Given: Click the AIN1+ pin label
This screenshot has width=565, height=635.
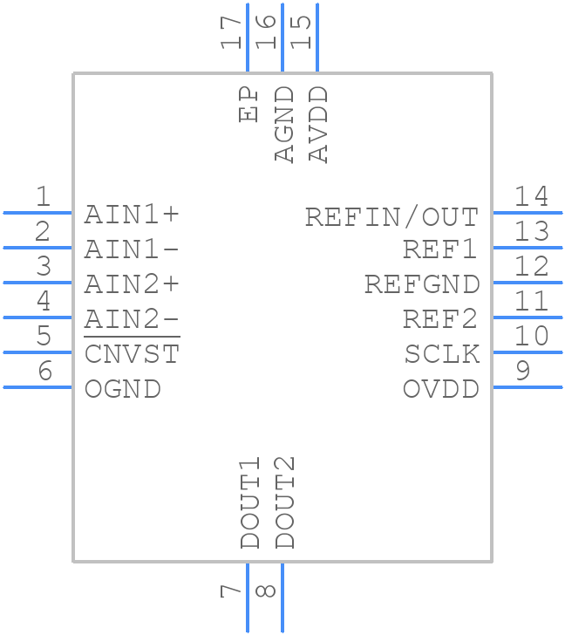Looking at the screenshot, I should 132,215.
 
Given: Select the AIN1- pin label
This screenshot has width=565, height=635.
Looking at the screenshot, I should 132,249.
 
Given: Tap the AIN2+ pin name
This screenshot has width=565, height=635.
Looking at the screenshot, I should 132,284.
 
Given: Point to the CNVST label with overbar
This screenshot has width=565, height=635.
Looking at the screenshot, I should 132,353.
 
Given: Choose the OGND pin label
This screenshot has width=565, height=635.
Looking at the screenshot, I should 123,389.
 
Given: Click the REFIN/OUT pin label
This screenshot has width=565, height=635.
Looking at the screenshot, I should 391,216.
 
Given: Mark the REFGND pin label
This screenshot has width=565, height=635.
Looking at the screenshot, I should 422,284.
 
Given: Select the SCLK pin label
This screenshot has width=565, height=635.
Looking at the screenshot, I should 441,354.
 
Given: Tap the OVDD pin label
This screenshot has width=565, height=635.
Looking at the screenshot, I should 440,389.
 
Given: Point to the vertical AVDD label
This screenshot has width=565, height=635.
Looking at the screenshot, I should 319,124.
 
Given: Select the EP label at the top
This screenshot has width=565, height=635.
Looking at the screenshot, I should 250,105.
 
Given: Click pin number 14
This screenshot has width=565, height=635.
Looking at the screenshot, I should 531,197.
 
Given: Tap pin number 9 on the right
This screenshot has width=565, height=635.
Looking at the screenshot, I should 522,372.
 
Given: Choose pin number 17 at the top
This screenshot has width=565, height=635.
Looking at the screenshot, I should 232,31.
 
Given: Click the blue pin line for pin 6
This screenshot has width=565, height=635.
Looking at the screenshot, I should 37,386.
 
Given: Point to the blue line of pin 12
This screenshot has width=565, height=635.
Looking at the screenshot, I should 528,282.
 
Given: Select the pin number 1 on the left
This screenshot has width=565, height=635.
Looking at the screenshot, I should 42,197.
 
